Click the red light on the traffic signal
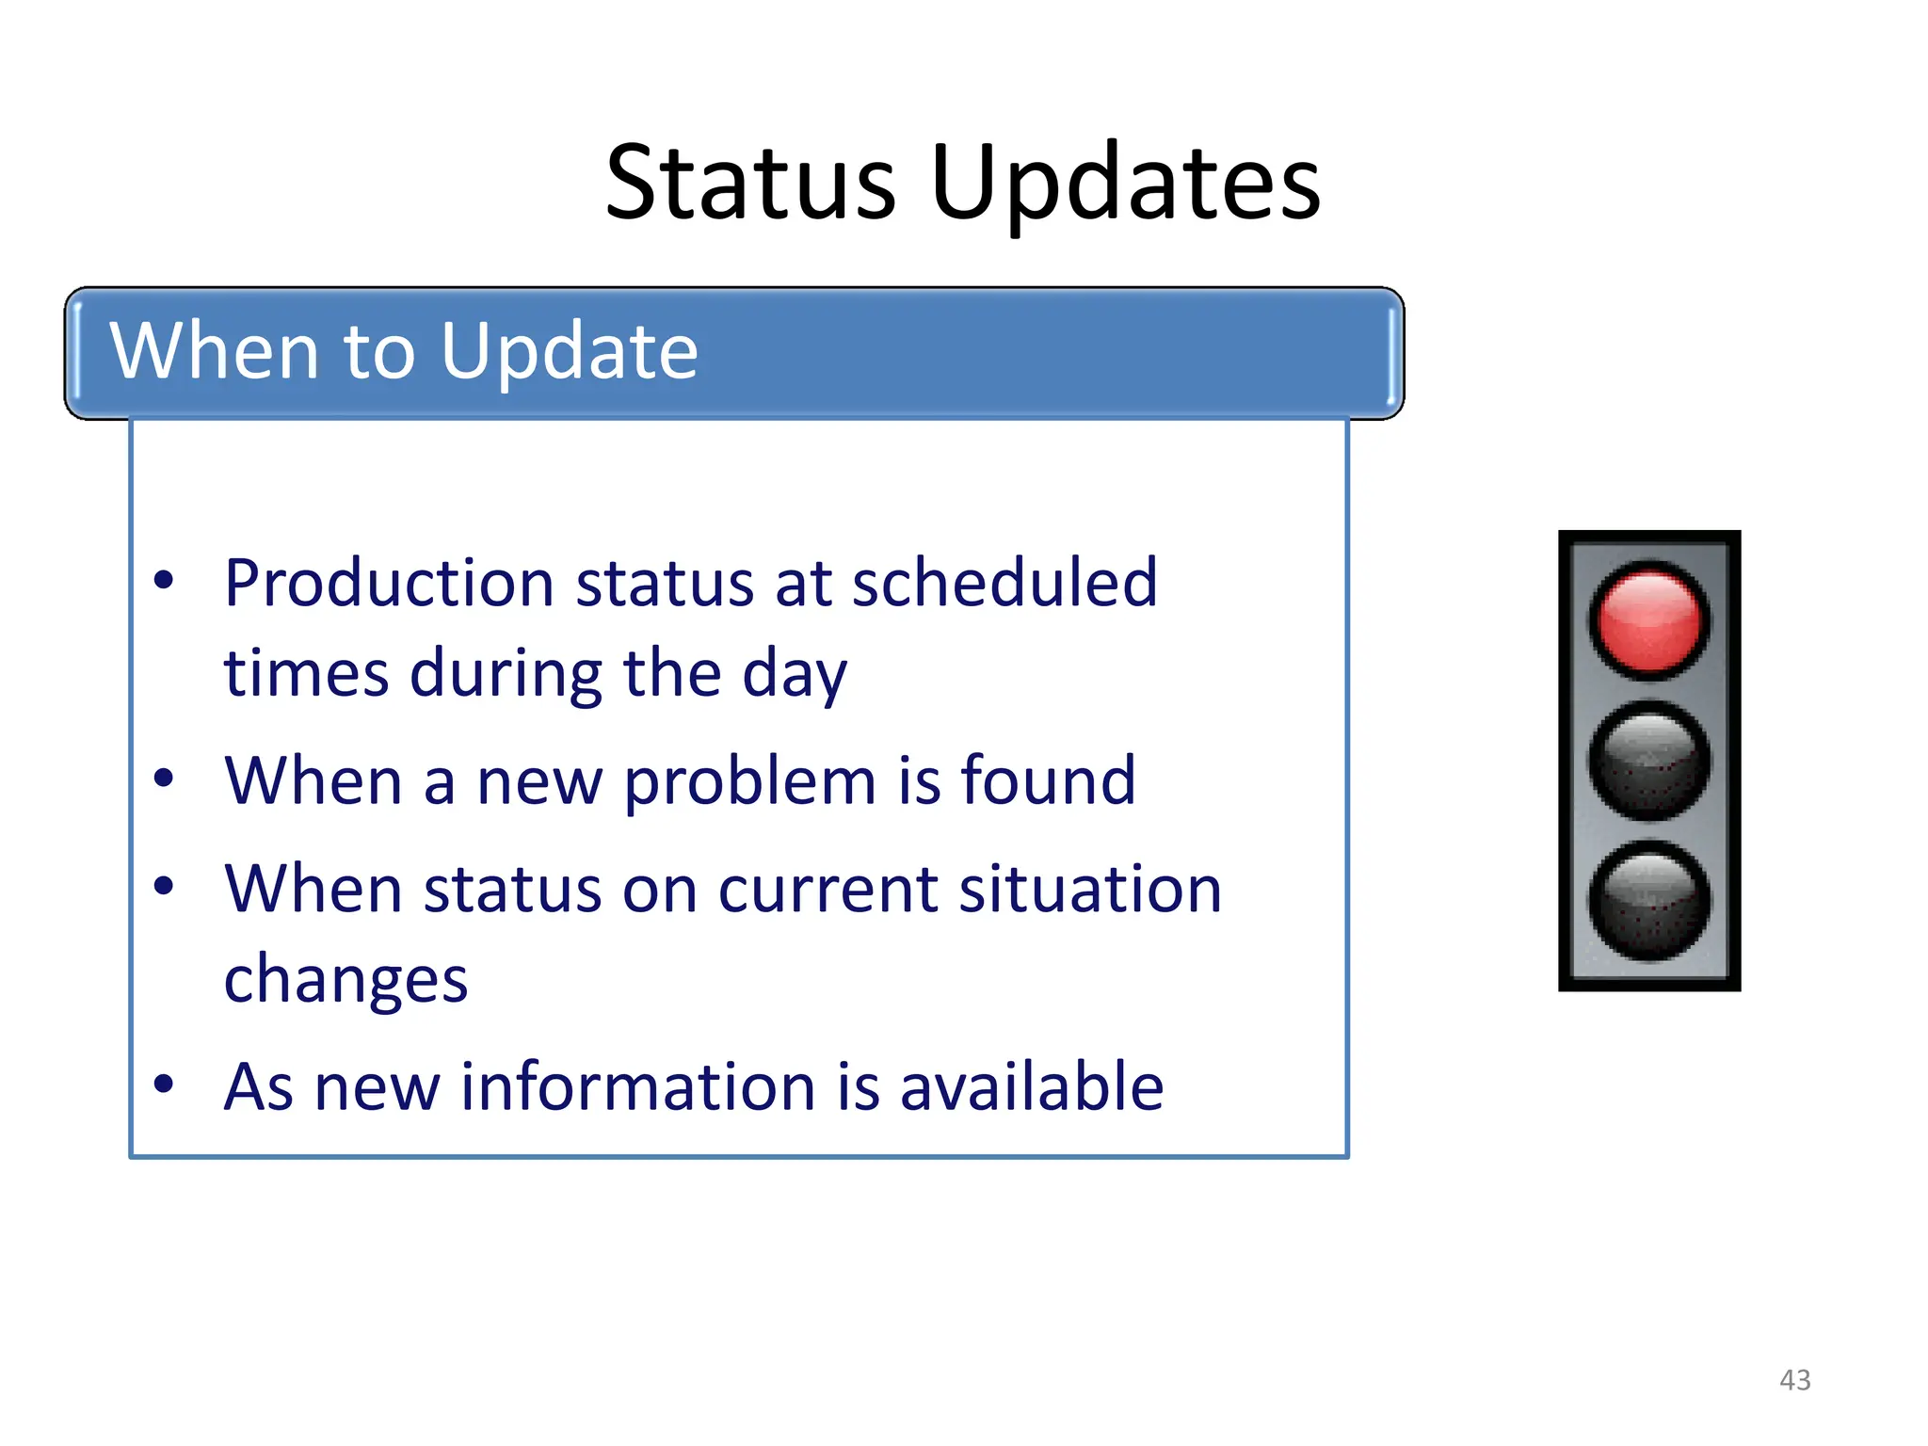click(x=1649, y=620)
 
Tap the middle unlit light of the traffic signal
click(x=1649, y=760)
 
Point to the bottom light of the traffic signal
click(x=1649, y=901)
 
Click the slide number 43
click(x=1794, y=1380)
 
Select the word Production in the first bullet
click(x=389, y=583)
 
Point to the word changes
click(x=345, y=979)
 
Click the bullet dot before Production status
click(x=164, y=580)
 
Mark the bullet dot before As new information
click(x=164, y=1084)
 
